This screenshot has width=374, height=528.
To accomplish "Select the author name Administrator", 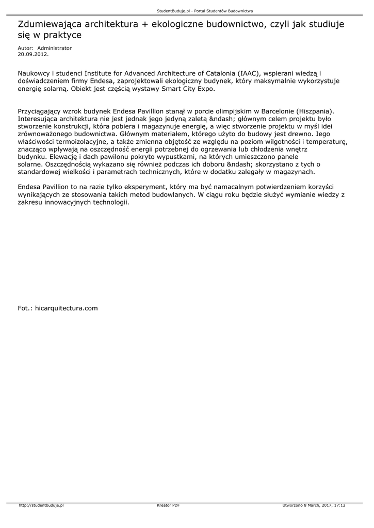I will [55, 48].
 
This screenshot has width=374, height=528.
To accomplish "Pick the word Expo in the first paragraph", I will [204, 89].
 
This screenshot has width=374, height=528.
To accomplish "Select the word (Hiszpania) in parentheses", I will [316, 111].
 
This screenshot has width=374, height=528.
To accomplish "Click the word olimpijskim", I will [231, 111].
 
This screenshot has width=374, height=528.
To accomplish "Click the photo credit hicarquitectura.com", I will [66, 308].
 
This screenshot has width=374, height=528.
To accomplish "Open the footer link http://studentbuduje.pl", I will [41, 505].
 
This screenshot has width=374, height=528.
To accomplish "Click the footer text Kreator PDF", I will [168, 505].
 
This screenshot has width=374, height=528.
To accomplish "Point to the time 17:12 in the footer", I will [339, 505].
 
